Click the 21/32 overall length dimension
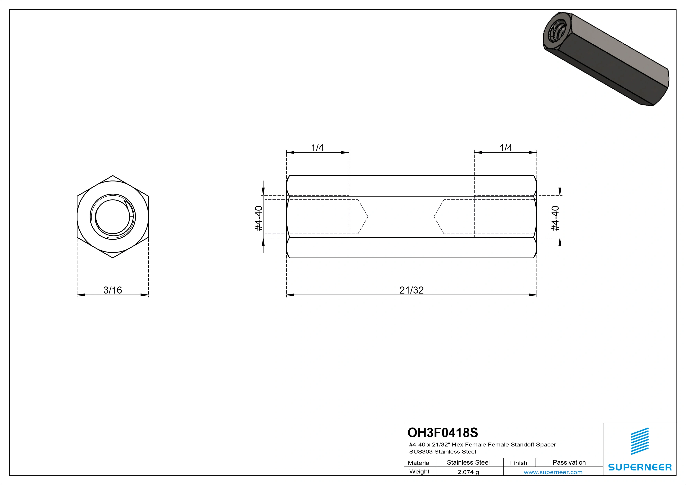(x=411, y=290)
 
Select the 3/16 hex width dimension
(x=113, y=290)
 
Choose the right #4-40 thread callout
(x=555, y=218)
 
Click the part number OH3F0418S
(x=443, y=432)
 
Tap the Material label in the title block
(x=419, y=463)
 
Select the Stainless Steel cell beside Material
(x=468, y=463)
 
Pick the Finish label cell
(x=519, y=463)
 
